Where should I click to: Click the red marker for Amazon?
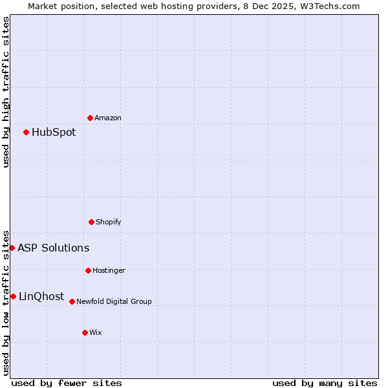coord(90,118)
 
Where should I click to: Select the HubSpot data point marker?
coord(26,132)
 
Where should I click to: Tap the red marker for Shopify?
coord(91,222)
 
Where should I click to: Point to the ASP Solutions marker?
coord(12,248)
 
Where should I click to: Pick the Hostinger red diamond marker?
coord(88,270)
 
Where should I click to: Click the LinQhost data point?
coord(13,296)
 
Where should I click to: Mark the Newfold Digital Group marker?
coord(72,301)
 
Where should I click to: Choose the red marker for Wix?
coord(85,332)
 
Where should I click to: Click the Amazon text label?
coord(108,118)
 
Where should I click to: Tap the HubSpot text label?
coord(54,133)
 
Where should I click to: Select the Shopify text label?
coord(109,222)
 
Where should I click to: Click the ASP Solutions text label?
coord(54,248)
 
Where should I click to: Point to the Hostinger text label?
coord(109,270)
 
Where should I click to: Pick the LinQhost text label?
coord(41,297)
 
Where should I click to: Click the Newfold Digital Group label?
coord(114,301)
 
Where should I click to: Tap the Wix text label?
coord(96,332)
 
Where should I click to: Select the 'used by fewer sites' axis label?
coord(67,383)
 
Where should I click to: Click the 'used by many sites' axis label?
coord(325,383)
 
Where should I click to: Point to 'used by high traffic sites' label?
coord(6,92)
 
